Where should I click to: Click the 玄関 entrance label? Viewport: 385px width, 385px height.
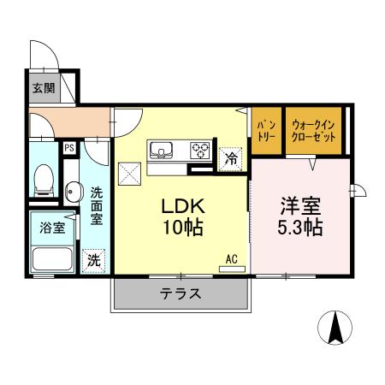pos(43,86)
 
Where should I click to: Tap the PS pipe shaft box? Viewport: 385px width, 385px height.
pos(68,147)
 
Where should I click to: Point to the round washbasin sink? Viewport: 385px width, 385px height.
pos(71,190)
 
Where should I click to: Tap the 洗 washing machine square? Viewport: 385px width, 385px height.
pos(92,259)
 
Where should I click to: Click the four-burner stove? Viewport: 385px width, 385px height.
pos(200,151)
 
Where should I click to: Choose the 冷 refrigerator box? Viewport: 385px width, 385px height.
pos(229,158)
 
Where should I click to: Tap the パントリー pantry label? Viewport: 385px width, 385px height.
pos(266,131)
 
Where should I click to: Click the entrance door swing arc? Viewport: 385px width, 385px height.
pos(43,53)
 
